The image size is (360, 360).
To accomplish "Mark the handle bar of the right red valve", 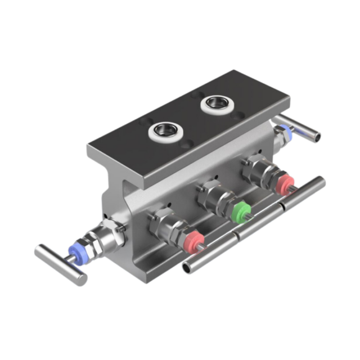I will coord(305,192).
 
